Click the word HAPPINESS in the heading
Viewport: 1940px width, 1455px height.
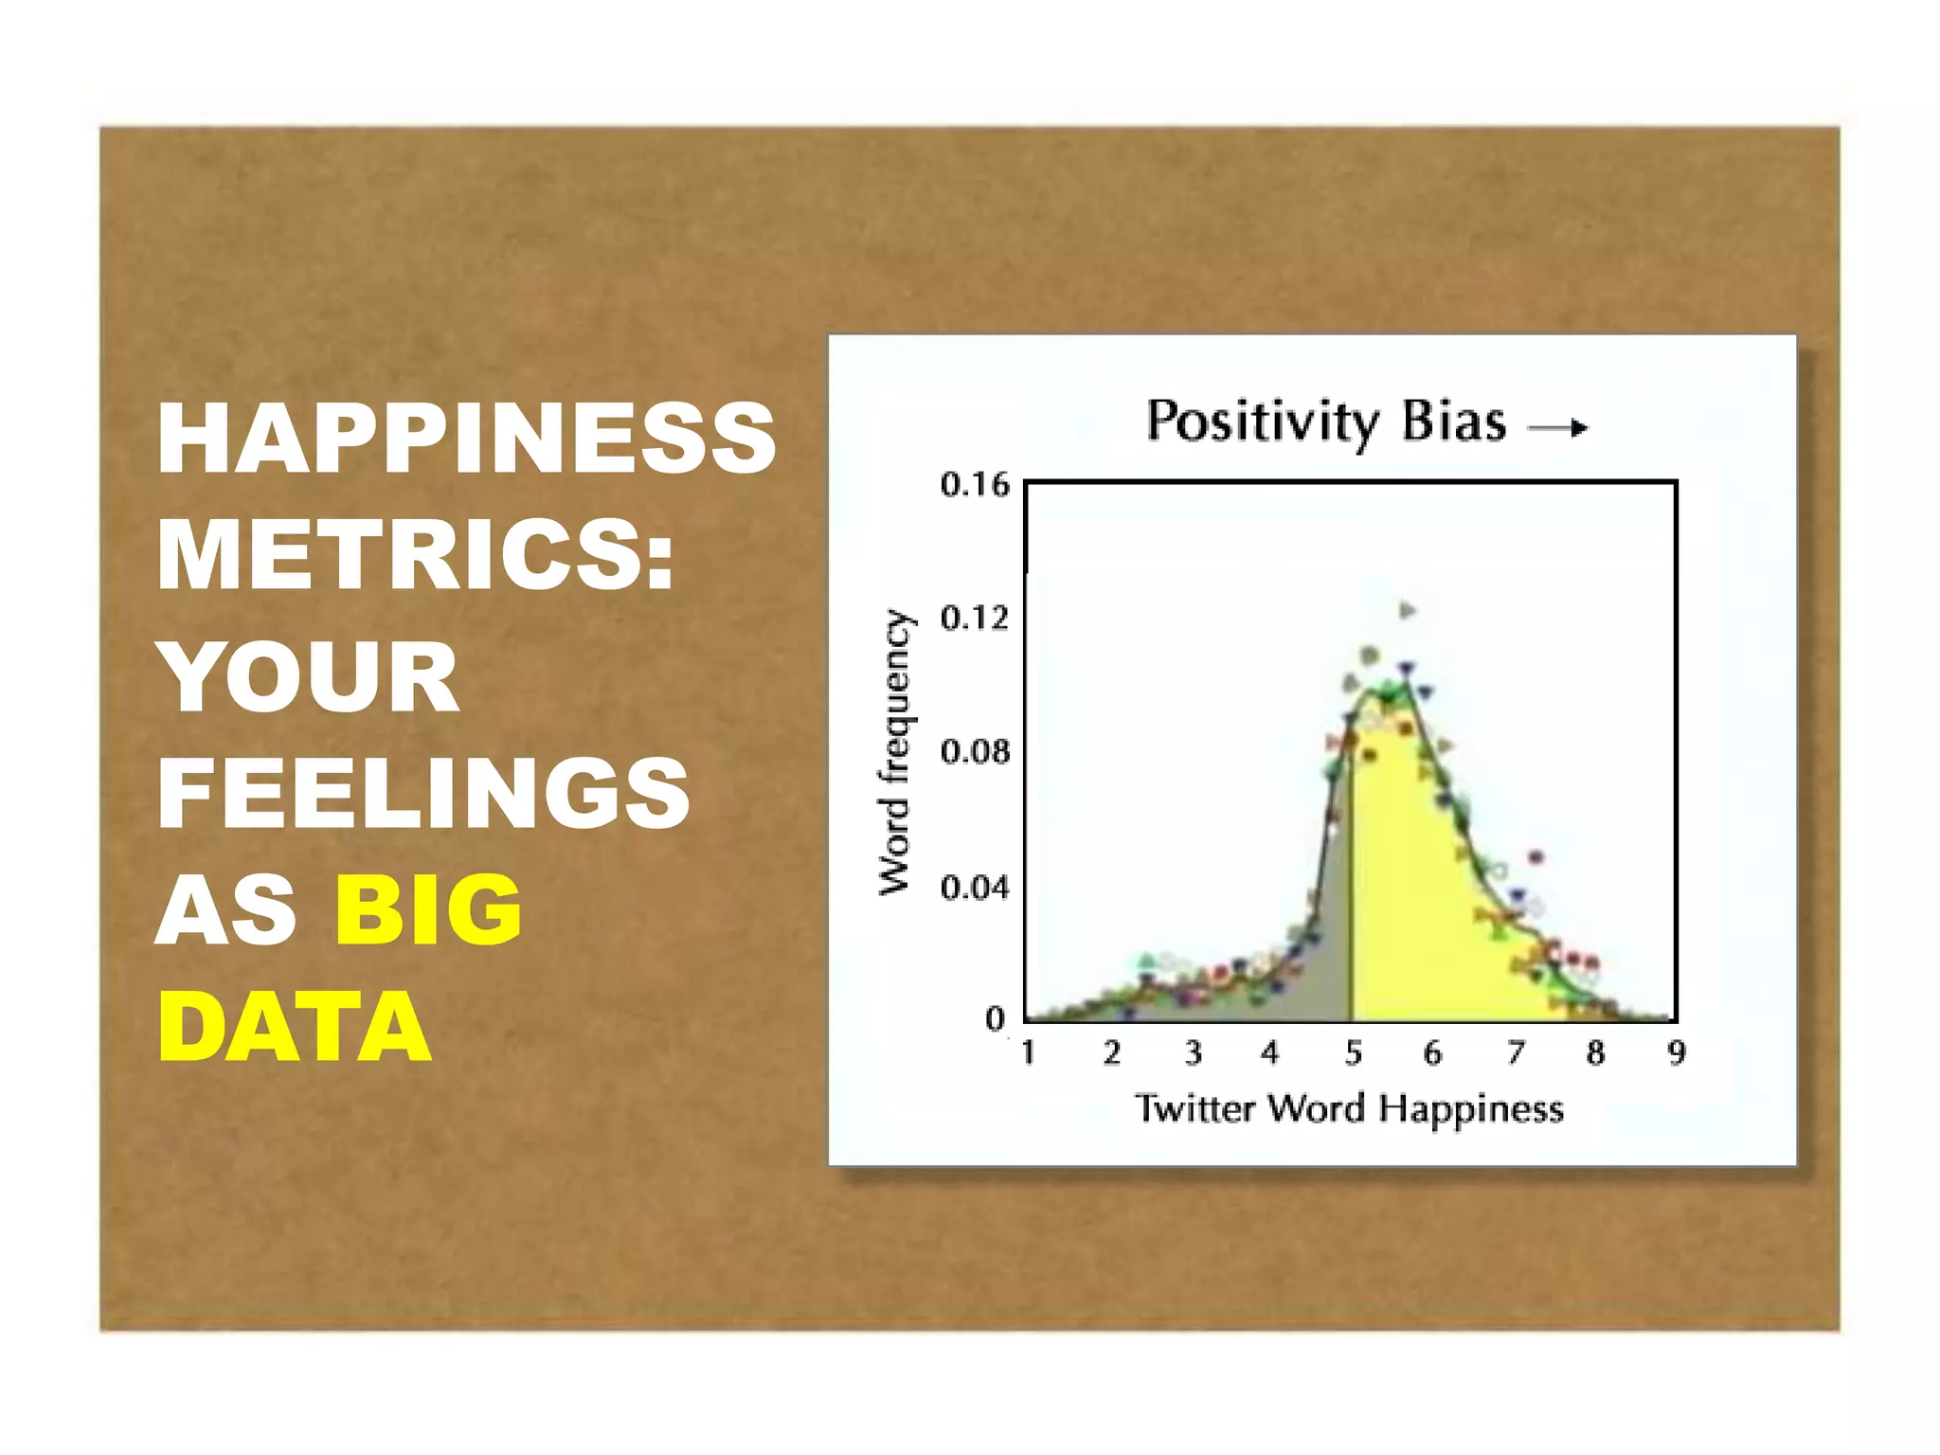tap(466, 438)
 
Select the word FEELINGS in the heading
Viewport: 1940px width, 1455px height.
tap(423, 793)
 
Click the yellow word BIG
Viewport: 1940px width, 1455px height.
tap(428, 910)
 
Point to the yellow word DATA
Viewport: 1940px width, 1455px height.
tap(295, 1028)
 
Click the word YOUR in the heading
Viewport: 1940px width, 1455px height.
tap(309, 675)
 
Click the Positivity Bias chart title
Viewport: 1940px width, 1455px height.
tap(1325, 422)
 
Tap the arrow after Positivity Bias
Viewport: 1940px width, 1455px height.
tap(1558, 428)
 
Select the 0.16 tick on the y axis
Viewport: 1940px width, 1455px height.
tap(974, 485)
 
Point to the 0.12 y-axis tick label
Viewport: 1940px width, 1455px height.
tap(974, 619)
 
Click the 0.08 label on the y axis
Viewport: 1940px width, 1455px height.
tap(974, 752)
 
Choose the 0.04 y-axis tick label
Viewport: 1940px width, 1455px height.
tap(974, 888)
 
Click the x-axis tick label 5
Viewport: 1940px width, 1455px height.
tap(1353, 1052)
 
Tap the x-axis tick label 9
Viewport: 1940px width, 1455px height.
tap(1677, 1052)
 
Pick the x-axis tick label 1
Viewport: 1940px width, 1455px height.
tap(1028, 1052)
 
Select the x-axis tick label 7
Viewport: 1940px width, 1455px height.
tap(1516, 1052)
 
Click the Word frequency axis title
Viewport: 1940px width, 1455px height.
tap(893, 752)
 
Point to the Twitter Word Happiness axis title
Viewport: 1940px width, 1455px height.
tap(1349, 1108)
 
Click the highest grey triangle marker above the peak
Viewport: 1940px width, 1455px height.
tap(1408, 610)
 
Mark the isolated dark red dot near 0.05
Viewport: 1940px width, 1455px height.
tap(1536, 857)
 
